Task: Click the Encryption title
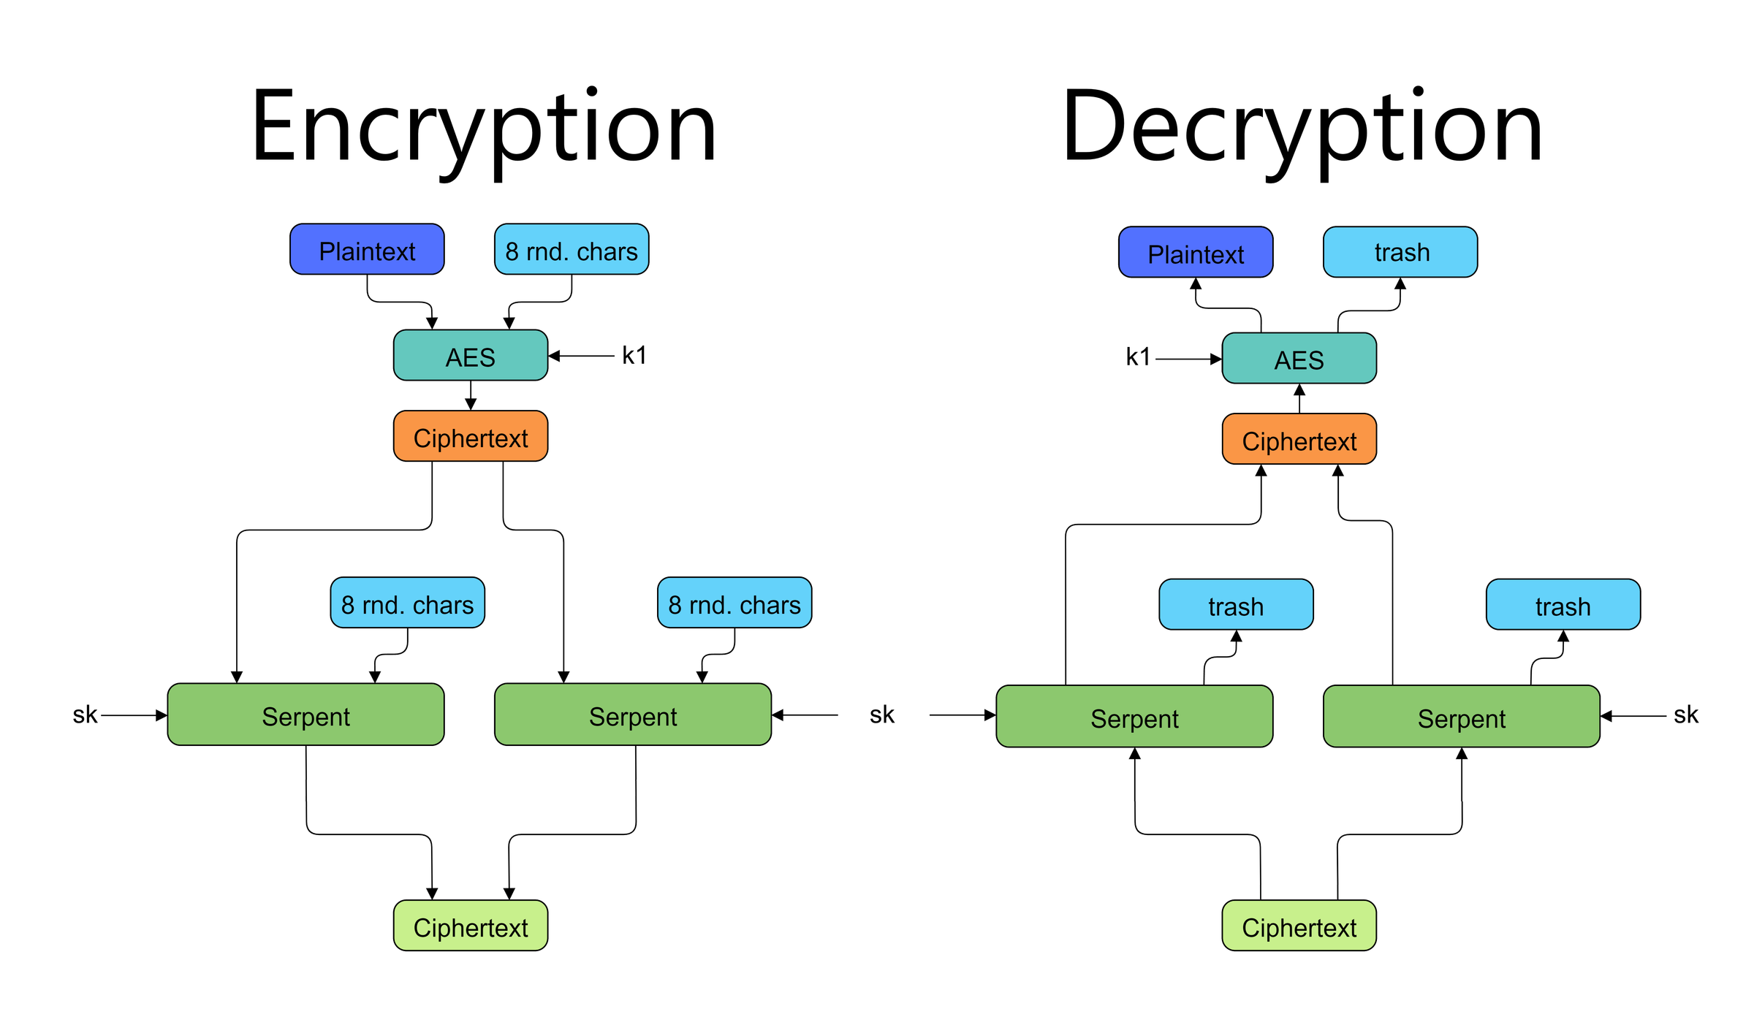coord(483,128)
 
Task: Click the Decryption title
coord(1302,128)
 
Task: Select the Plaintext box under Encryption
coord(367,250)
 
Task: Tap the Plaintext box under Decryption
coord(1196,253)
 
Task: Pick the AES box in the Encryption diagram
coord(471,356)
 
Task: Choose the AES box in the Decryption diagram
coord(1299,359)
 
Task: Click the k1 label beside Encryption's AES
coord(634,356)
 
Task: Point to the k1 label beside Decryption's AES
coord(1138,357)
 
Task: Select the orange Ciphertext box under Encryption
coord(471,437)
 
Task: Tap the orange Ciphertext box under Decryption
coord(1299,440)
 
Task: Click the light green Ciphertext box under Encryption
coord(471,926)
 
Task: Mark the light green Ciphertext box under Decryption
coord(1299,926)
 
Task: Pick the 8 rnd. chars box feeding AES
coord(572,250)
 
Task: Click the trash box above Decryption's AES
coord(1400,252)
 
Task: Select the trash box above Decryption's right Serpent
coord(1563,605)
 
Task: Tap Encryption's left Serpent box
coord(305,715)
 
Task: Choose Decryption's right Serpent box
coord(1462,717)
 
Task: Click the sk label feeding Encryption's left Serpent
coord(85,715)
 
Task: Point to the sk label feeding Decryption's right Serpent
coord(1686,715)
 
